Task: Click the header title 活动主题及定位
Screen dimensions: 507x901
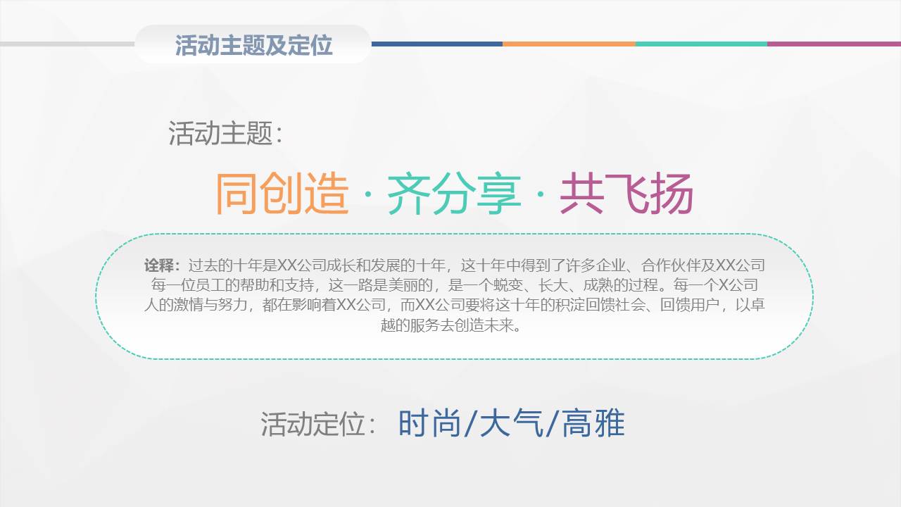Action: tap(253, 45)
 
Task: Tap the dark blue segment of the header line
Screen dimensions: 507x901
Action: tap(436, 44)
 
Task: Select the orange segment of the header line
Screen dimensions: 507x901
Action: tap(569, 44)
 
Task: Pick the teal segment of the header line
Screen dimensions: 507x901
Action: tap(701, 44)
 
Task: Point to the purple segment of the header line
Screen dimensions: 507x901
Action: tap(833, 44)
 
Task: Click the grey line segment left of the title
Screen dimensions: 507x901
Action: tap(67, 44)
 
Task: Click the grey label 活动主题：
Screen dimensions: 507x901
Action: tap(225, 133)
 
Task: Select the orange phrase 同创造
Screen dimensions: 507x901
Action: tap(282, 194)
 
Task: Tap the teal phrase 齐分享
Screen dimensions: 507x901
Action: tap(454, 194)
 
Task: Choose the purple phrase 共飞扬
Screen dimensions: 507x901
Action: tap(626, 194)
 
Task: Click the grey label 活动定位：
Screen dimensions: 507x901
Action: tap(321, 425)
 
